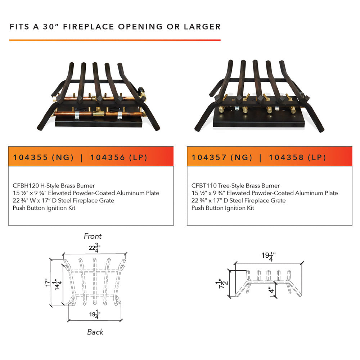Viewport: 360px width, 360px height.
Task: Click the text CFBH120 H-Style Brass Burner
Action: pos(54,186)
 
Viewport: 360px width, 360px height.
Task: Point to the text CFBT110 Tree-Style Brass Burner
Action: pos(235,186)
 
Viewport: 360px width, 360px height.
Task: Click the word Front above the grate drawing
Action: pos(93,236)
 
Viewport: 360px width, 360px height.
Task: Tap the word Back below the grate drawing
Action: pos(95,332)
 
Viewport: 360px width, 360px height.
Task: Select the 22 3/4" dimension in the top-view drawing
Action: pos(95,248)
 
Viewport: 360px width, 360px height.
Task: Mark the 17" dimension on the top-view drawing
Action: pos(47,283)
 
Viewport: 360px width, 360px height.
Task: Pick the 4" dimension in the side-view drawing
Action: pos(271,290)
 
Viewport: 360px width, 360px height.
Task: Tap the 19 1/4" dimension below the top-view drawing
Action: pos(95,315)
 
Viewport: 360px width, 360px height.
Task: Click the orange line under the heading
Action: pos(115,40)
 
